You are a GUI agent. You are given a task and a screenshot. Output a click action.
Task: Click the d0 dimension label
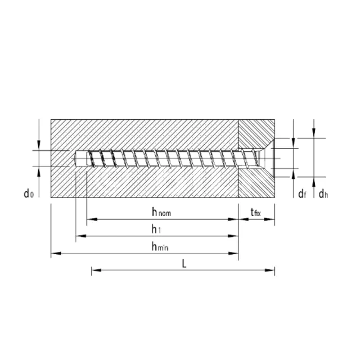tap(29, 193)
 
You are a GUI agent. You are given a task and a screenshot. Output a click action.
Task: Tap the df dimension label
tap(302, 194)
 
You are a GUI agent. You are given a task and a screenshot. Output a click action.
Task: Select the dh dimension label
tap(323, 194)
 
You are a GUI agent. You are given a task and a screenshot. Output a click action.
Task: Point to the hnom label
tap(161, 212)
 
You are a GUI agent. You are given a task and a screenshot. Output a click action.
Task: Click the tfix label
tap(255, 212)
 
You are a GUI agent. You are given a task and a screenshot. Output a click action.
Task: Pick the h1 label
tap(156, 229)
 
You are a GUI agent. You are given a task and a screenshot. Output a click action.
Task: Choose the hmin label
tap(160, 246)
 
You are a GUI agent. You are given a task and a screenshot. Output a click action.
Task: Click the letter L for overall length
tap(184, 263)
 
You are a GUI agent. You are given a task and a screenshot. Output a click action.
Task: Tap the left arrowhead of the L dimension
tap(96, 270)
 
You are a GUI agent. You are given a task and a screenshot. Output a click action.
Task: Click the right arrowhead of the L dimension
tap(270, 270)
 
